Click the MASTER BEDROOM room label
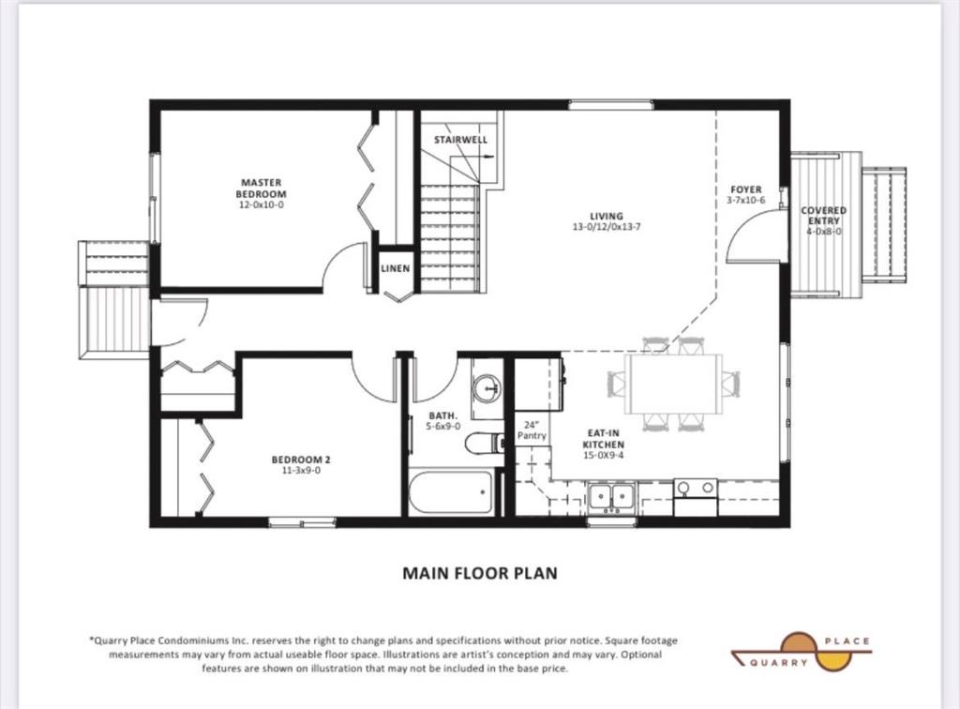tap(262, 188)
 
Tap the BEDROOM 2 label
tap(301, 460)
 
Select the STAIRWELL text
tap(461, 140)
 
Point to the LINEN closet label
tap(396, 268)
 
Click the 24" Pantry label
tap(532, 430)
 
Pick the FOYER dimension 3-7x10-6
tap(745, 200)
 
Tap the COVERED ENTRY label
tap(823, 215)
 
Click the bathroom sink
tap(487, 387)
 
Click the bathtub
tap(453, 491)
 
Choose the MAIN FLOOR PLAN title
tap(480, 573)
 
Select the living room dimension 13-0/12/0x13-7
tap(607, 227)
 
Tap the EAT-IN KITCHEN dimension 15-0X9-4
tap(603, 455)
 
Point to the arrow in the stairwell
tap(487, 157)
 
